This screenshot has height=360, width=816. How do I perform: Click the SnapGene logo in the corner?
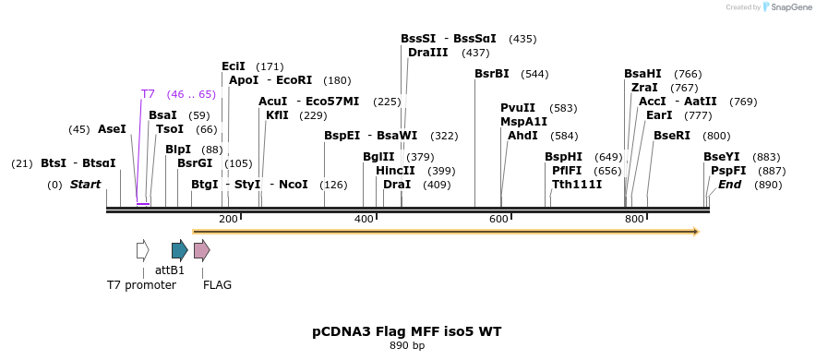[780, 7]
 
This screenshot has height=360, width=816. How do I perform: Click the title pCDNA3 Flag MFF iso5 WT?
[407, 330]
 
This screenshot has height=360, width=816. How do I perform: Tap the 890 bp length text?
[407, 346]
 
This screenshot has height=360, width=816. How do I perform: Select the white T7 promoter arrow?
[142, 250]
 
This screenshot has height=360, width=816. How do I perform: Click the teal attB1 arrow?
[179, 250]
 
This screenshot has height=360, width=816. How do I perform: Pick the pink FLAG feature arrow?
[201, 250]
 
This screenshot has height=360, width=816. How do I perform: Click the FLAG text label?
[217, 285]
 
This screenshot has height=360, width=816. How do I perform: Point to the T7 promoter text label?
[141, 285]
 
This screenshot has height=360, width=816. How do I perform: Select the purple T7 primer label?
[148, 94]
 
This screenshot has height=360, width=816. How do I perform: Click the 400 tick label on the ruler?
[364, 219]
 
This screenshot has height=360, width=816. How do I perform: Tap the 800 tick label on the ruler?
[634, 219]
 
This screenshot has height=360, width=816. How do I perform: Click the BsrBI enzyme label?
[492, 74]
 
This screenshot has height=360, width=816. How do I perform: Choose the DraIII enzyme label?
[428, 53]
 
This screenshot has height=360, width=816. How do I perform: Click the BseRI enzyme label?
[672, 136]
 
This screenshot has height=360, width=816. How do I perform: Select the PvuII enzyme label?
[518, 108]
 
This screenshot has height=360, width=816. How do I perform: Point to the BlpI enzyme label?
[178, 150]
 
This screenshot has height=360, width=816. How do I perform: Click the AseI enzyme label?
[112, 129]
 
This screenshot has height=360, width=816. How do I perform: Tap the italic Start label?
[85, 185]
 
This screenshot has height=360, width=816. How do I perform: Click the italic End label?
[729, 185]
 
